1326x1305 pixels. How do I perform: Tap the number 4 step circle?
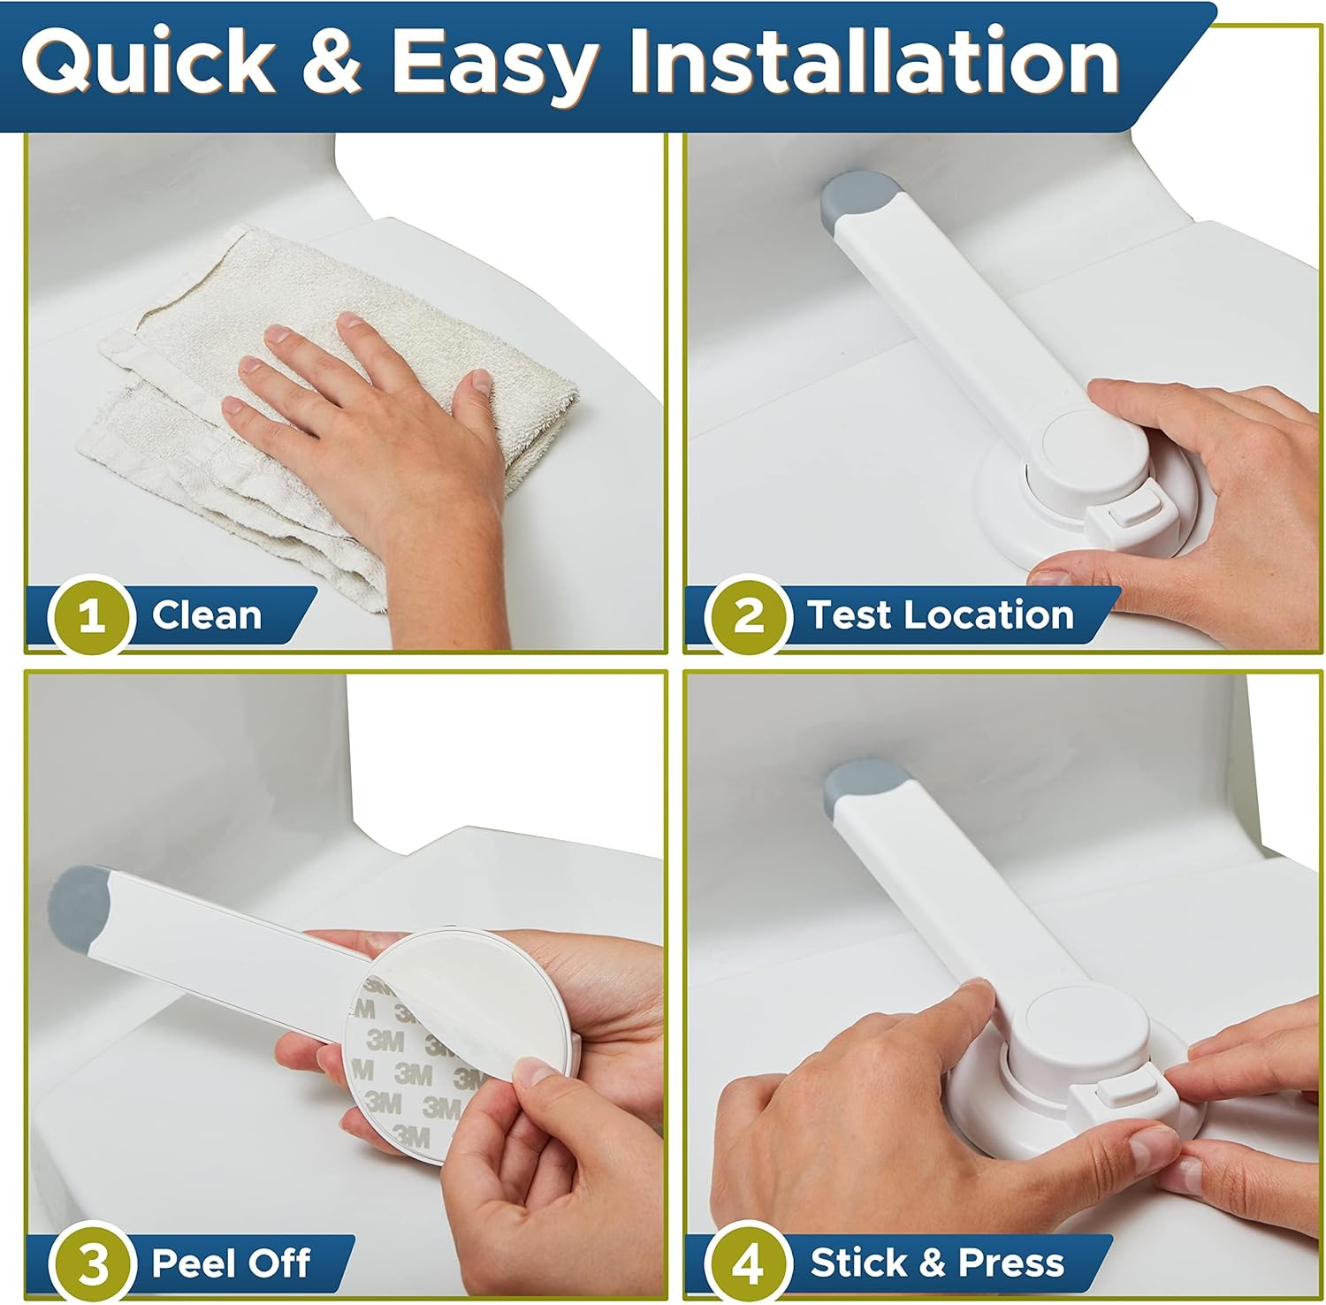[x=749, y=1263]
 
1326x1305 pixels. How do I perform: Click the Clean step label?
[x=206, y=615]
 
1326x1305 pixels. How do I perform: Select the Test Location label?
[x=940, y=615]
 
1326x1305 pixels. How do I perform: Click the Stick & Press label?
[x=937, y=1263]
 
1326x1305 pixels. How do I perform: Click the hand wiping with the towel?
[x=389, y=398]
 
